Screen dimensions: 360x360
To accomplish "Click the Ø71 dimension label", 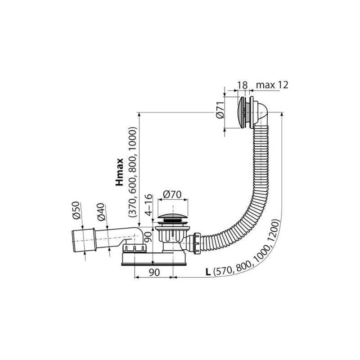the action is point(220,110).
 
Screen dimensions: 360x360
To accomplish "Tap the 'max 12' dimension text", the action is point(272,85).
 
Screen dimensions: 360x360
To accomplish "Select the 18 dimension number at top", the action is point(242,85).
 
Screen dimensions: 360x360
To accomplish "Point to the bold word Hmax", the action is point(120,172).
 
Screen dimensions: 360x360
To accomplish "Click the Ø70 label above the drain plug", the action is point(172,194).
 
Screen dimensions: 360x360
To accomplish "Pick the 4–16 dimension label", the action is point(149,205).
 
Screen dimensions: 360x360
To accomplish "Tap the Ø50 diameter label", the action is point(76,210).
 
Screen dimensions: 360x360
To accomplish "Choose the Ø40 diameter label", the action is point(101,212).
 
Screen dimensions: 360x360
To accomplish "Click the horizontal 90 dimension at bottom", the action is point(154,273).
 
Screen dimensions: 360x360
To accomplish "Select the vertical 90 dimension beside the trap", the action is point(148,238).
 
